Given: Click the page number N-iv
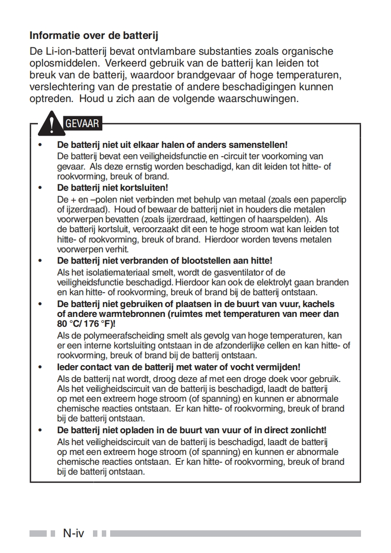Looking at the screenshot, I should pyautogui.click(x=73, y=533).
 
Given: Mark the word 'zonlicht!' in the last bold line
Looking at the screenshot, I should pyautogui.click(x=310, y=430).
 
